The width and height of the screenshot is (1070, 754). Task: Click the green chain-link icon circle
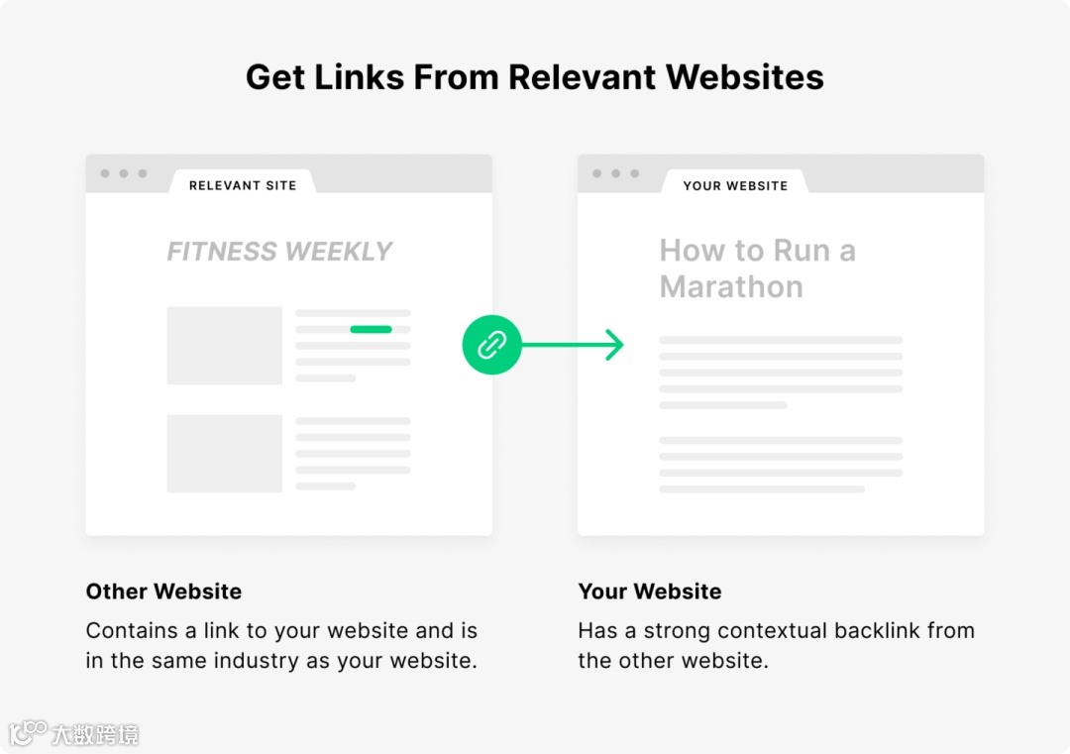coord(491,345)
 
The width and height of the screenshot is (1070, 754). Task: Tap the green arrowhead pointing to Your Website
coord(615,345)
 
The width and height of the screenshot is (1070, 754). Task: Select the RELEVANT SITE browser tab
coord(243,185)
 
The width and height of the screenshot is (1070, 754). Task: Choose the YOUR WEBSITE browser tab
coord(735,185)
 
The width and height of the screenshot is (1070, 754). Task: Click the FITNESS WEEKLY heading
coord(279,252)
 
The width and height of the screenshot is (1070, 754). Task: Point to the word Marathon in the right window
coord(731,287)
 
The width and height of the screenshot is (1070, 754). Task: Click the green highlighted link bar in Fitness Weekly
coord(371,329)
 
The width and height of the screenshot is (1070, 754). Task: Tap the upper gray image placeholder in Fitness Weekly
coord(224,346)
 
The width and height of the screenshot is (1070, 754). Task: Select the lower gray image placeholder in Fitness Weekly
coord(224,453)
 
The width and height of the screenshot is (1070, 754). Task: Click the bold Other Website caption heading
coord(163,592)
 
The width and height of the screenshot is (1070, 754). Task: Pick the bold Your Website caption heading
coord(650,592)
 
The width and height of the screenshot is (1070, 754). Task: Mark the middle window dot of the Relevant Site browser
coord(124,173)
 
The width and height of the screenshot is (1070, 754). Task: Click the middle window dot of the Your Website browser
coord(616,173)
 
